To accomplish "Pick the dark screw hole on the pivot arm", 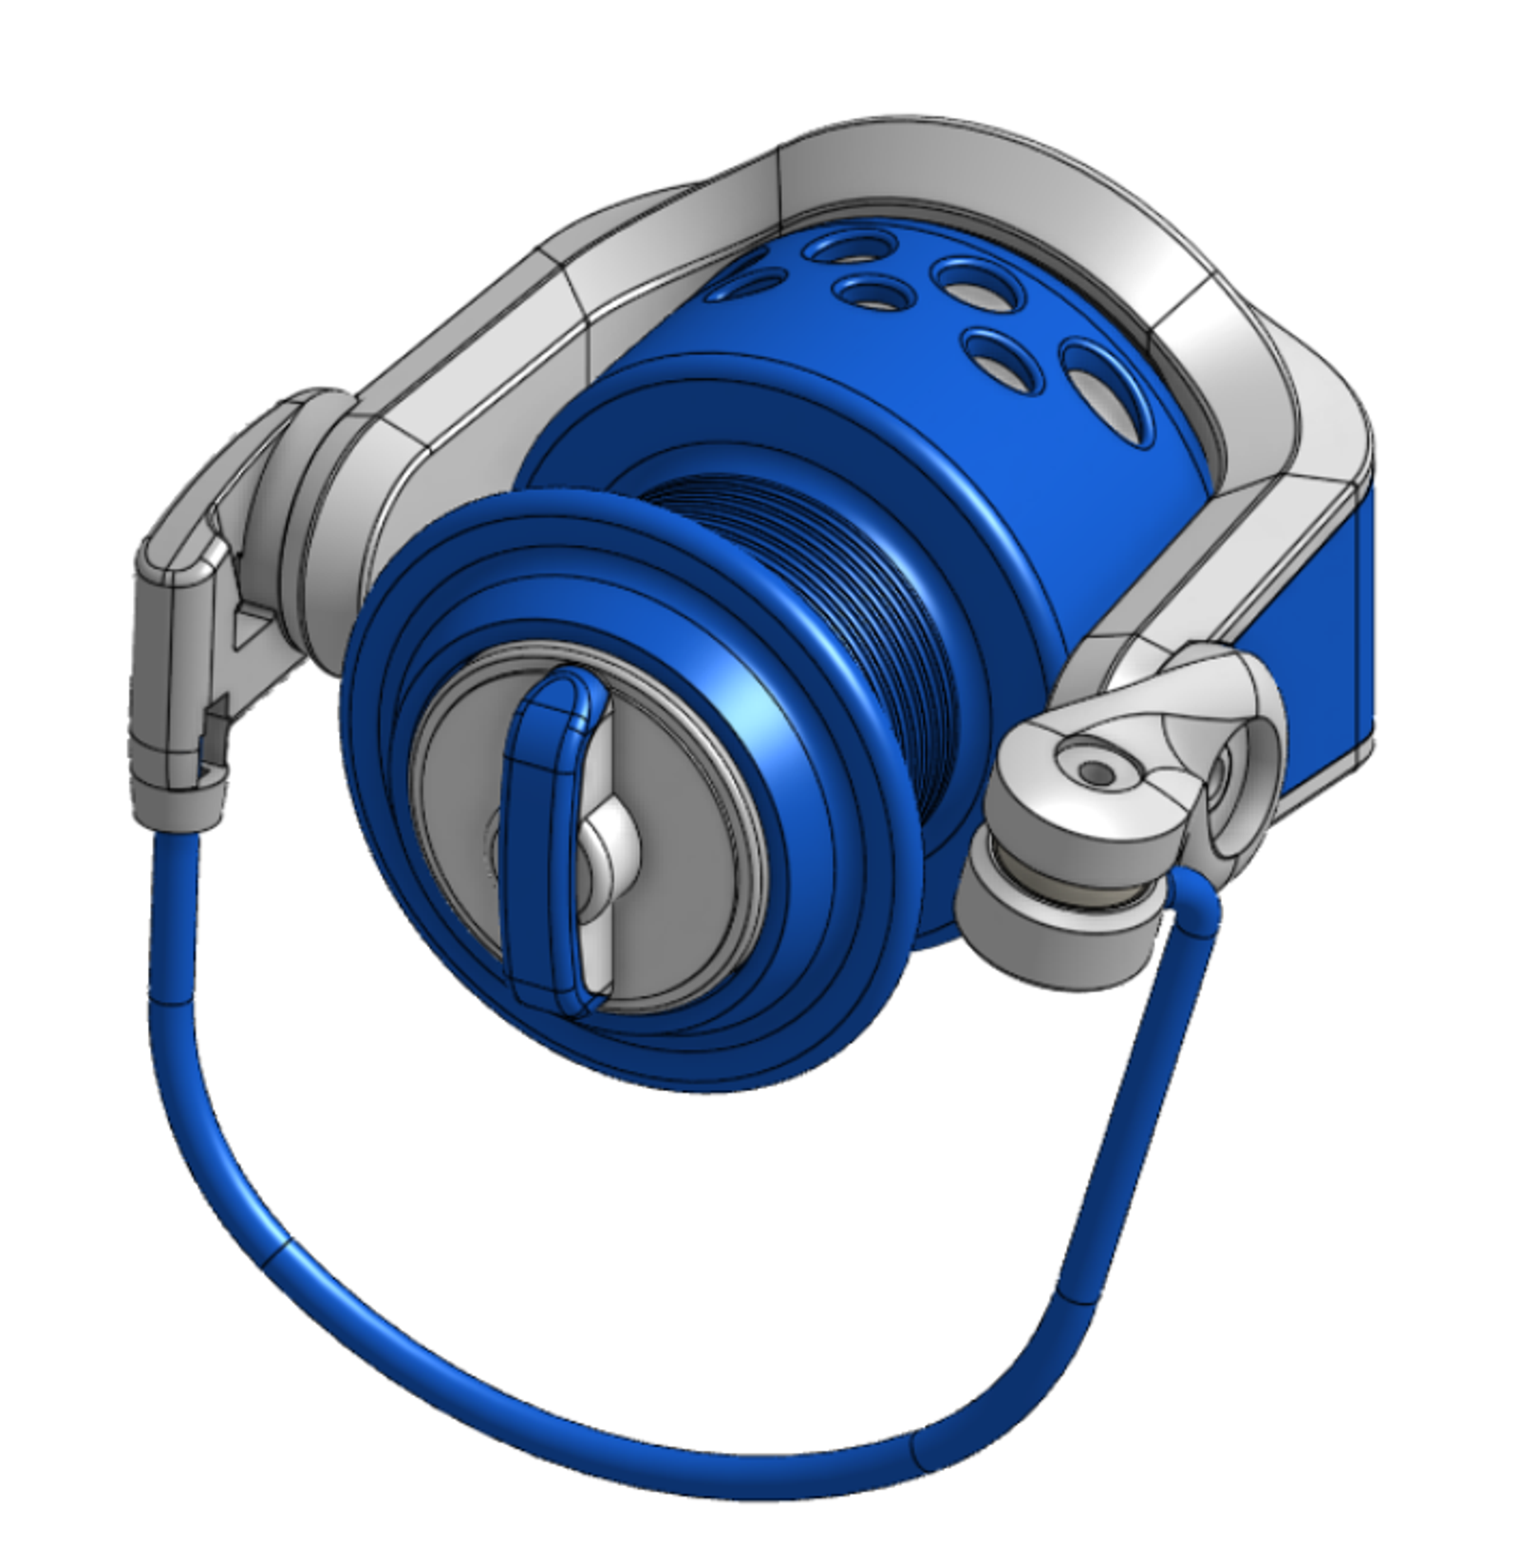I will tap(1098, 771).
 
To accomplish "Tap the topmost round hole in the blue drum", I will tap(845, 249).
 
